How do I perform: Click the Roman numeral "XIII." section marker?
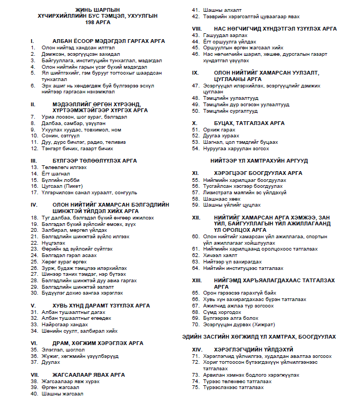pyautogui.click(x=197, y=280)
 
